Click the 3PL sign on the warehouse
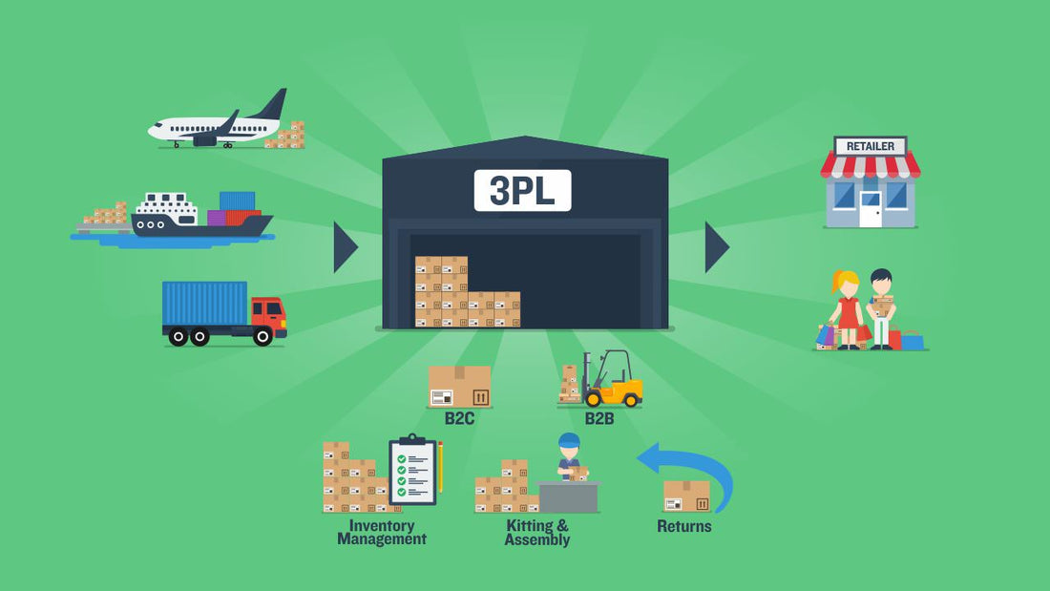pyautogui.click(x=522, y=190)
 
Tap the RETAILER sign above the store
pyautogui.click(x=871, y=146)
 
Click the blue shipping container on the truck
pyautogui.click(x=204, y=304)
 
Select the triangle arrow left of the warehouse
pyautogui.click(x=345, y=247)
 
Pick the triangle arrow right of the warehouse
pyautogui.click(x=716, y=247)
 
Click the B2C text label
pyautogui.click(x=460, y=418)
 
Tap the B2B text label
pyautogui.click(x=599, y=418)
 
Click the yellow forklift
pyautogui.click(x=613, y=381)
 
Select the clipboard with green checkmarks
pyautogui.click(x=412, y=471)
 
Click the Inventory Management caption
pyautogui.click(x=382, y=532)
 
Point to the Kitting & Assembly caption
pyautogui.click(x=537, y=533)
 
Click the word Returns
pyautogui.click(x=683, y=526)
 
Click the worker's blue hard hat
pyautogui.click(x=569, y=440)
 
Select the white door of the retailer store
pyautogui.click(x=871, y=209)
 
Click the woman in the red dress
pyautogui.click(x=847, y=310)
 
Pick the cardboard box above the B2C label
pyautogui.click(x=459, y=387)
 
